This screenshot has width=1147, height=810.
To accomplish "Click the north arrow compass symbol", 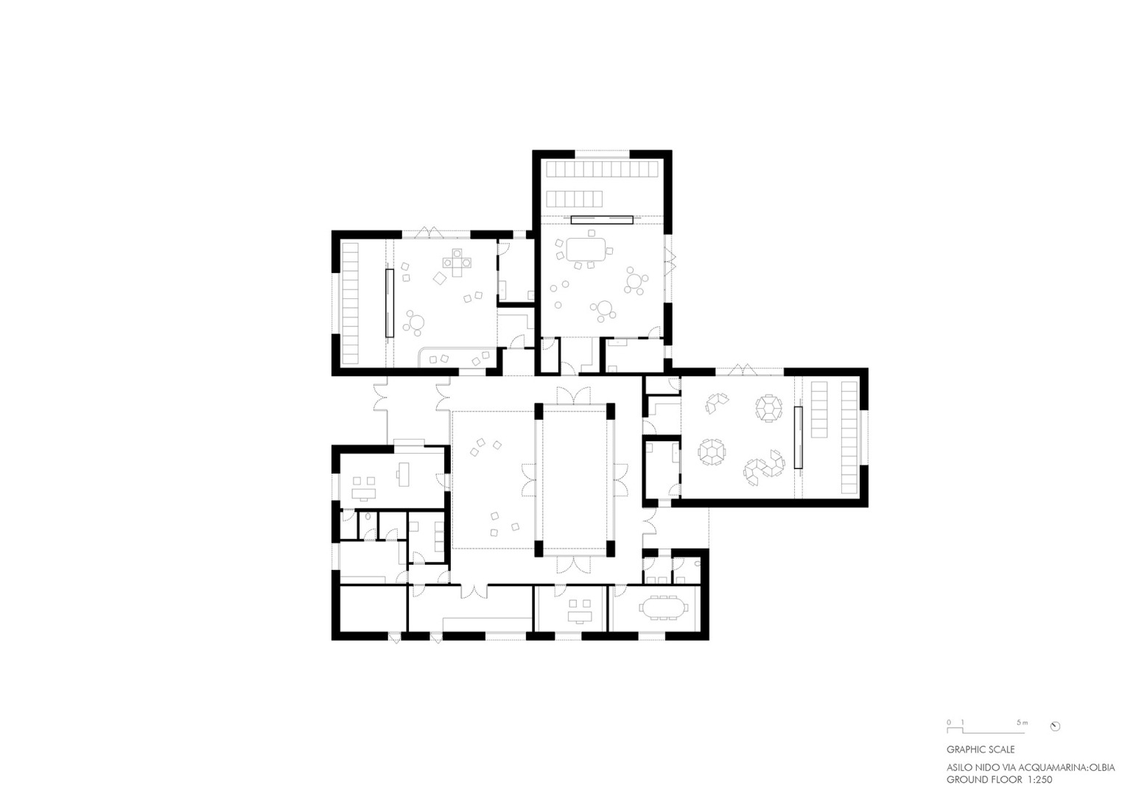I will tap(1055, 726).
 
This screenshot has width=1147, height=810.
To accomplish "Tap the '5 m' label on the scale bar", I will tap(1021, 722).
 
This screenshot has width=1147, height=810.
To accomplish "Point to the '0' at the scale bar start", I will tap(949, 722).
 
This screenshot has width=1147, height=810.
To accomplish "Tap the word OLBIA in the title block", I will tap(1101, 767).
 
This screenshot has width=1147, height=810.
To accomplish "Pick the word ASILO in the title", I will tap(960, 767).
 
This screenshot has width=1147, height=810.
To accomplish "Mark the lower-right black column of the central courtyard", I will tap(610, 548).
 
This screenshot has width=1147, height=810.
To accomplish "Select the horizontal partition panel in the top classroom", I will tap(601, 219).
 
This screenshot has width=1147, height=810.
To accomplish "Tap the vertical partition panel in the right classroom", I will tap(797, 437).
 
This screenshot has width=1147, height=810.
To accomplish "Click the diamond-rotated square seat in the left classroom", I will tap(440, 278).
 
